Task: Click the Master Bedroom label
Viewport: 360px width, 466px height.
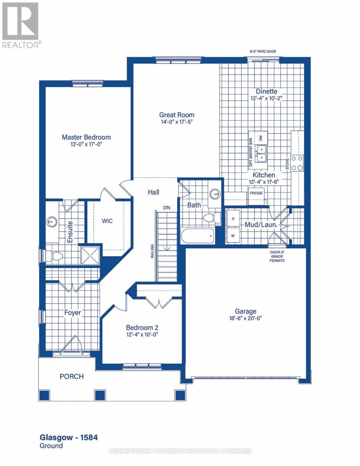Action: (x=86, y=137)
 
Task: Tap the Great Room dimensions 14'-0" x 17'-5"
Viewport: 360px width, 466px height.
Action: (x=177, y=122)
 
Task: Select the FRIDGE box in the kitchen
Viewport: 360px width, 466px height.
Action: (x=256, y=193)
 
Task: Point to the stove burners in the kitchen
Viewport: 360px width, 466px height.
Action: (x=298, y=163)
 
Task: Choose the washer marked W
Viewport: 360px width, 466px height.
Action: (x=233, y=235)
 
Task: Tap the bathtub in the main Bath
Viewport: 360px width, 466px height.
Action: (x=198, y=235)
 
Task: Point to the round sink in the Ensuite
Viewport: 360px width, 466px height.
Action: (x=51, y=222)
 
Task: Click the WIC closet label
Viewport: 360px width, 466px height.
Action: (x=107, y=221)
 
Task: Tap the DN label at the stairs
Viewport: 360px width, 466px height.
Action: (x=166, y=208)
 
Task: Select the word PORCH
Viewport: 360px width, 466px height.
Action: (x=71, y=376)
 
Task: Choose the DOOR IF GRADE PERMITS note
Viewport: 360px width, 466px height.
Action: (x=277, y=257)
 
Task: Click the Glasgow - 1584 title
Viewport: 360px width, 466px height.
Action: (x=69, y=438)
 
